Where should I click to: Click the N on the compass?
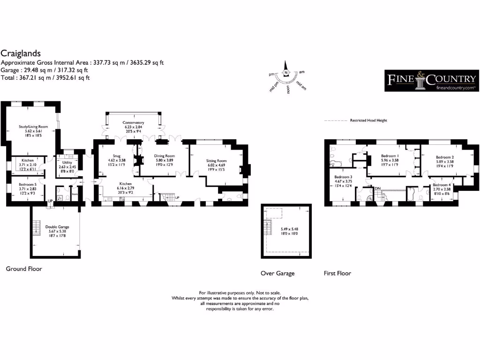(x=286, y=73)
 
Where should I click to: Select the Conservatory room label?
(x=134, y=122)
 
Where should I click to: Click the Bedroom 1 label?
(x=390, y=156)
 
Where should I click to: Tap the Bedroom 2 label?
(x=444, y=157)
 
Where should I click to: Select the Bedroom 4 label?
(x=440, y=185)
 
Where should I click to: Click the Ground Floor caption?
(x=24, y=269)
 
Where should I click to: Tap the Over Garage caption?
(x=277, y=273)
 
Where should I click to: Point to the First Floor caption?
(x=337, y=273)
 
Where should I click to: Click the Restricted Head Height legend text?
(x=368, y=120)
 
